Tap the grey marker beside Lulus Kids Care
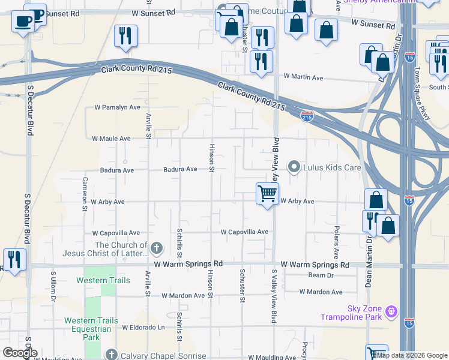pos(294,167)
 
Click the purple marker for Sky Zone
pos(391,311)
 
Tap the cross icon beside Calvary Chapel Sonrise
pos(110,355)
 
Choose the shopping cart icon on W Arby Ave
pos(267,194)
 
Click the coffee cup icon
pos(23,21)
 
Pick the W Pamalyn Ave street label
pos(117,107)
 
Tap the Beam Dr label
pos(321,275)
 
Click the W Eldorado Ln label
pos(143,328)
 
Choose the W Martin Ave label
pos(303,77)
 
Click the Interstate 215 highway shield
pos(307,117)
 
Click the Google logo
pos(20,353)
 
